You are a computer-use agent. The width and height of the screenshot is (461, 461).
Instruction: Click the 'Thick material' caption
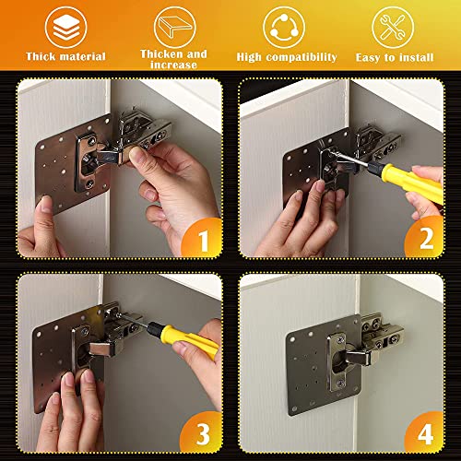(65, 57)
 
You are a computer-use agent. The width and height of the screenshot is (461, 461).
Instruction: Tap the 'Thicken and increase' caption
(174, 60)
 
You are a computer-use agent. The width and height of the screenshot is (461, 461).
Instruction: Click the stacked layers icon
(65, 26)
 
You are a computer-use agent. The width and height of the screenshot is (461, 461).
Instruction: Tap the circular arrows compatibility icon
(285, 26)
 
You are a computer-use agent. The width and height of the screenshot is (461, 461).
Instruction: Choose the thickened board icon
(174, 26)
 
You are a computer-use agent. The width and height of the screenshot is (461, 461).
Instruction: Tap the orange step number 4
(425, 431)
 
